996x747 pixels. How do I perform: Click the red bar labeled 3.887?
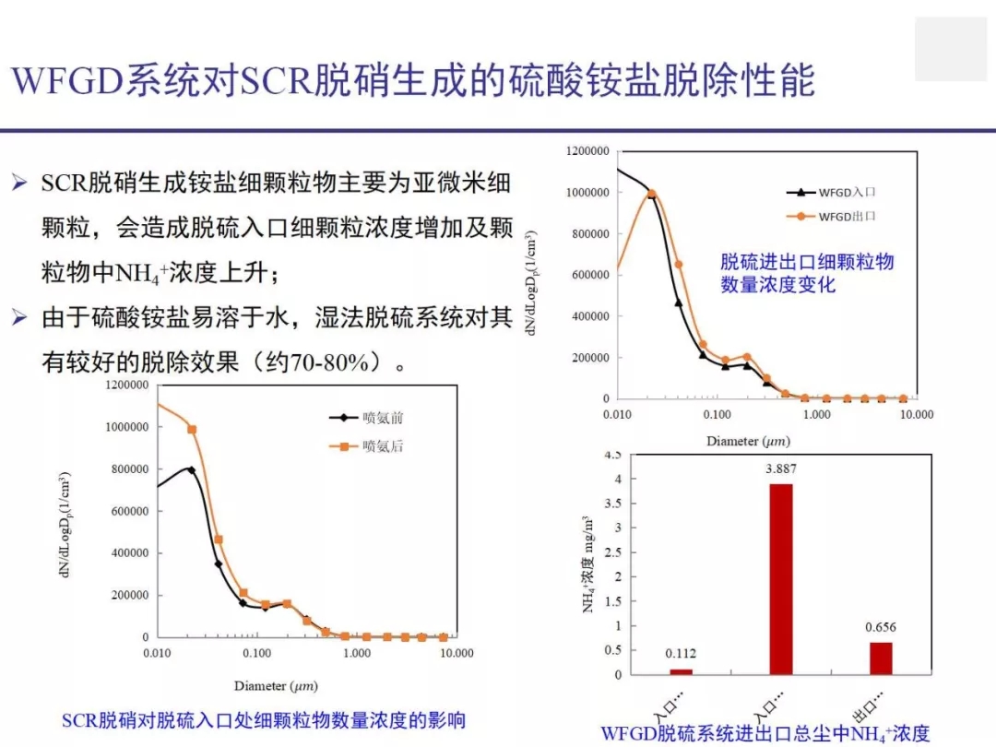[x=780, y=578]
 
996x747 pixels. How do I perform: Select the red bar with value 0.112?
[x=681, y=670]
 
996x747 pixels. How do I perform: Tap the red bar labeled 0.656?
[x=881, y=658]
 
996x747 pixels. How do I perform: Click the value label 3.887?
[x=780, y=468]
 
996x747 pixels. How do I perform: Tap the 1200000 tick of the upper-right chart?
[x=587, y=151]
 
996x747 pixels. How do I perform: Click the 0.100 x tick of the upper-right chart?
[x=717, y=415]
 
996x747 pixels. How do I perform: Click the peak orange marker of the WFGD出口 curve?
[x=651, y=194]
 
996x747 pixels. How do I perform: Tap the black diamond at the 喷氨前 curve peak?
[x=191, y=469]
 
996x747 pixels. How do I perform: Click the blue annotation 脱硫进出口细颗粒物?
[x=807, y=262]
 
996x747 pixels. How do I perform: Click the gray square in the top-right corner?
[x=950, y=49]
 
